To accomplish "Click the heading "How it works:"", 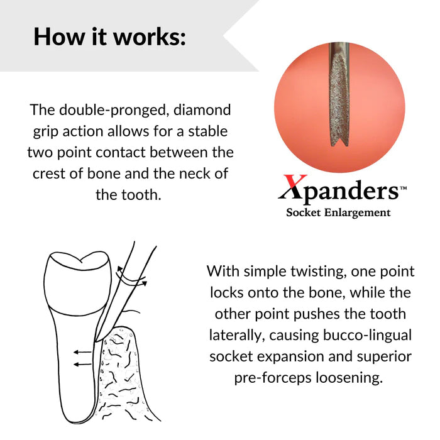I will [109, 36].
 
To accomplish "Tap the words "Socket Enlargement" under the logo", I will [338, 212].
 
